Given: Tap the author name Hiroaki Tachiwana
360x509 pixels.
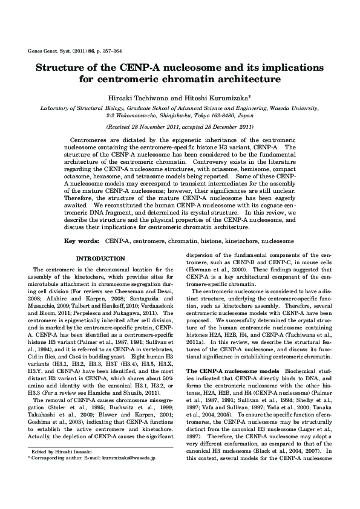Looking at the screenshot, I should [x=137, y=96].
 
